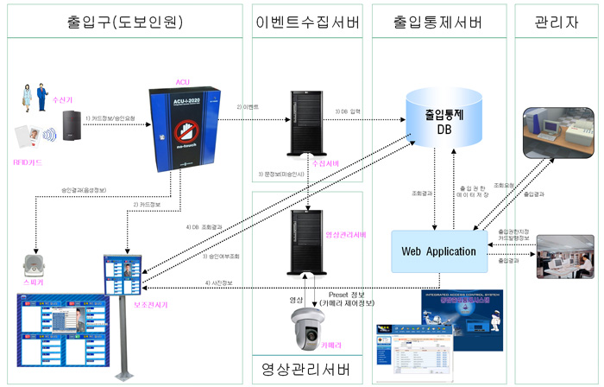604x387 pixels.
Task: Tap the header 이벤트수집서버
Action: [305, 20]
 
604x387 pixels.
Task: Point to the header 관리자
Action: [556, 20]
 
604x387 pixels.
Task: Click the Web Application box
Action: [438, 251]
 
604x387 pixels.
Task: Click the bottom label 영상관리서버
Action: [305, 371]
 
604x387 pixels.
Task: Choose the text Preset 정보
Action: [347, 294]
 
